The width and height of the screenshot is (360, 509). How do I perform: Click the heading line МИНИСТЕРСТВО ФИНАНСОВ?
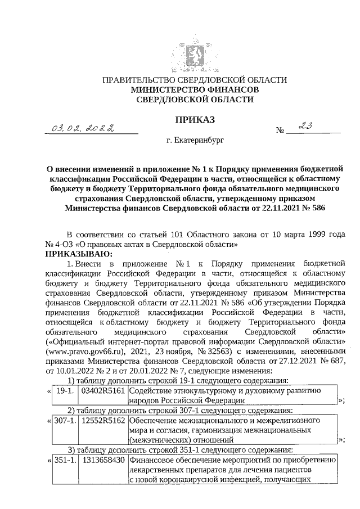click(x=195, y=90)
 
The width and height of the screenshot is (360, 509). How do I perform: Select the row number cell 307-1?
click(x=62, y=421)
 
